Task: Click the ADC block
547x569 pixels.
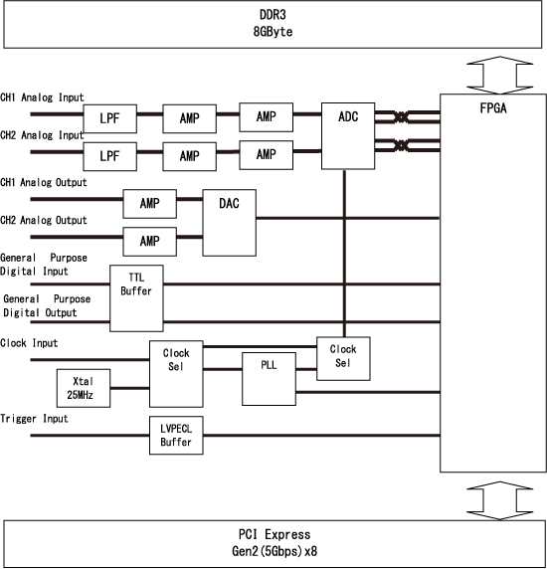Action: [344, 135]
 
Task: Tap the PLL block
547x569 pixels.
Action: [269, 377]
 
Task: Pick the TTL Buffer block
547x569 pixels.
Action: [136, 297]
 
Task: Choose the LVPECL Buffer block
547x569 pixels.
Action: [176, 436]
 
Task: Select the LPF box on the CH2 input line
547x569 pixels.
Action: [110, 155]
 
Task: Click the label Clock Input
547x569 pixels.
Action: [30, 343]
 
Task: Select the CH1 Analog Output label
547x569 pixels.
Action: [44, 183]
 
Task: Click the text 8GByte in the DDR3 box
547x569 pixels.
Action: [274, 32]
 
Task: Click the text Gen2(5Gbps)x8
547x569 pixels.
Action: [274, 551]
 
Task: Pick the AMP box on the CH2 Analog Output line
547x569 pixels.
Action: [149, 241]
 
